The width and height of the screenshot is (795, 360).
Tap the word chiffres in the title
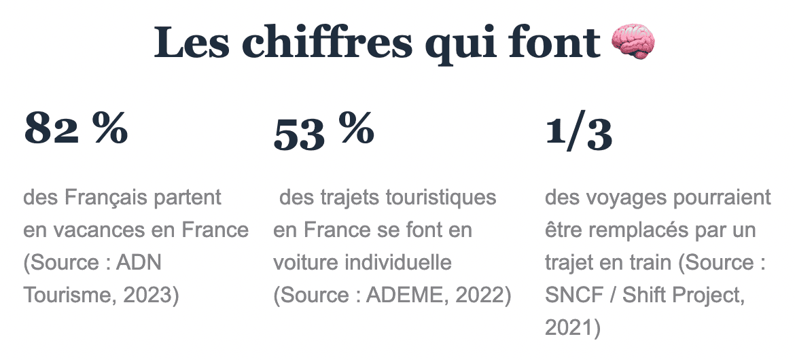[328, 43]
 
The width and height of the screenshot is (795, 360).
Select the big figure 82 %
[76, 129]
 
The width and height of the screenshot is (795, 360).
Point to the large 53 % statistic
[323, 132]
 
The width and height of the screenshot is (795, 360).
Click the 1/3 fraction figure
[579, 133]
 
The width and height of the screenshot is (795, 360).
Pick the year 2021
[569, 328]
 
